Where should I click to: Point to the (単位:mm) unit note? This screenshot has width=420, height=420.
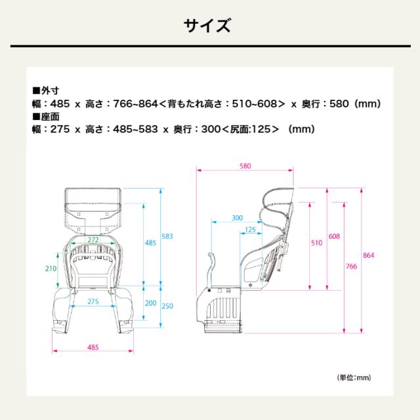354,378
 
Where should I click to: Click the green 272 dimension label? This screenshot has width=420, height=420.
93,240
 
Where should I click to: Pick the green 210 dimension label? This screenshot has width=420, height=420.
50,268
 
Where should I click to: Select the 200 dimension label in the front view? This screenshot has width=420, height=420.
151,303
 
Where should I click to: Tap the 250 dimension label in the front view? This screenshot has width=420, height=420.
168,306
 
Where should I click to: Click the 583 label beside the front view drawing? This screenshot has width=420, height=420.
168,236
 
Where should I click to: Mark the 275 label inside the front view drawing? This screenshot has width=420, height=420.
94,301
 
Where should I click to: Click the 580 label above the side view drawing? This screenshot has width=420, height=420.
245,166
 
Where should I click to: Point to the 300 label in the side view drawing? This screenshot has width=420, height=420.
237,217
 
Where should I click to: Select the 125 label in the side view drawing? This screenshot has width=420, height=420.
249,230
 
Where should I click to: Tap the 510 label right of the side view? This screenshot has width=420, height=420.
316,243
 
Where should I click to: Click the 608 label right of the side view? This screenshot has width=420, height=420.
334,236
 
